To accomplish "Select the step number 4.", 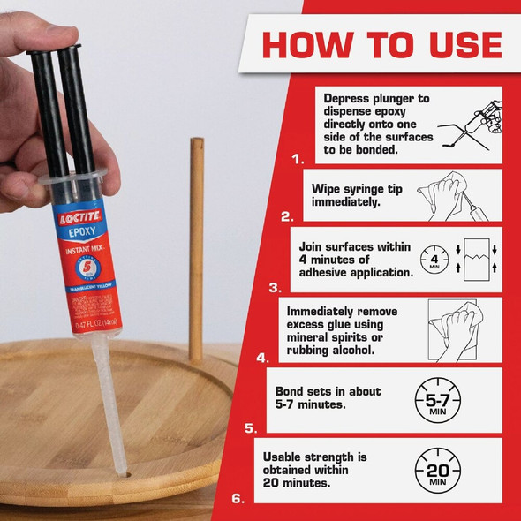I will coord(262,359).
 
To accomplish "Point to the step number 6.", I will coord(238,498).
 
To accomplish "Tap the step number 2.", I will coord(286,215).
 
